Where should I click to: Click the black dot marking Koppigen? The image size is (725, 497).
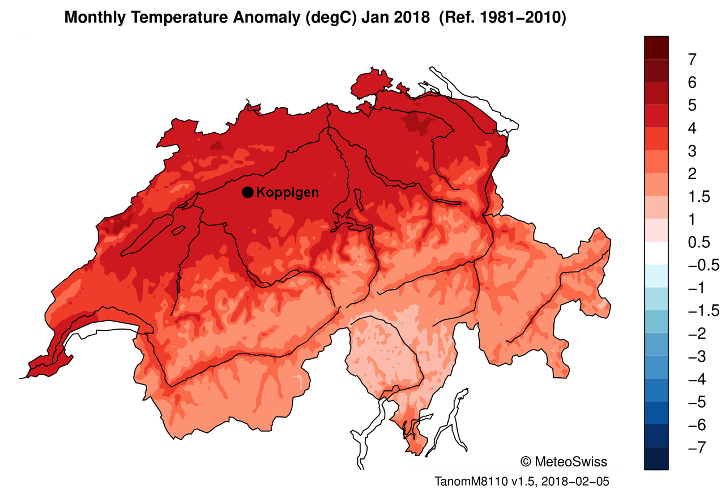(247, 192)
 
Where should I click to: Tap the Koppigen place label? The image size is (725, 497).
(287, 192)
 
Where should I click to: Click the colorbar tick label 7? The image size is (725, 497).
(692, 60)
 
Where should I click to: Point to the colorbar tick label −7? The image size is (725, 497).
(695, 448)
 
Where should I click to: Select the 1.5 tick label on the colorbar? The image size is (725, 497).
(698, 197)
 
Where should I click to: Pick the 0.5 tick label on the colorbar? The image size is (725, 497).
(698, 242)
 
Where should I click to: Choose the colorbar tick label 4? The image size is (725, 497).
(692, 128)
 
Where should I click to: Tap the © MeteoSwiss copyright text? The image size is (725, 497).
(563, 461)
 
